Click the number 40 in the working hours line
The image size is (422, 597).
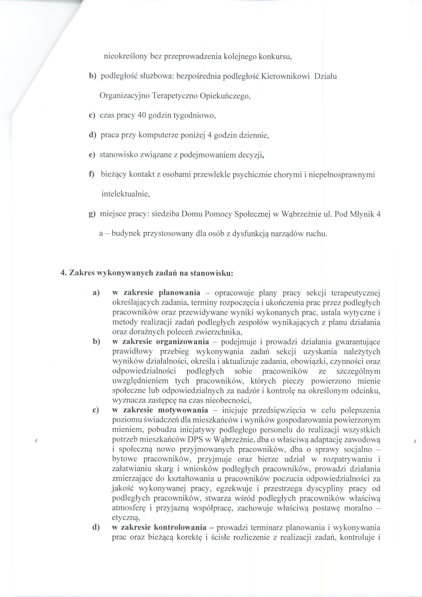(x=141, y=115)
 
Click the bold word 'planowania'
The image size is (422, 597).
(x=179, y=293)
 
